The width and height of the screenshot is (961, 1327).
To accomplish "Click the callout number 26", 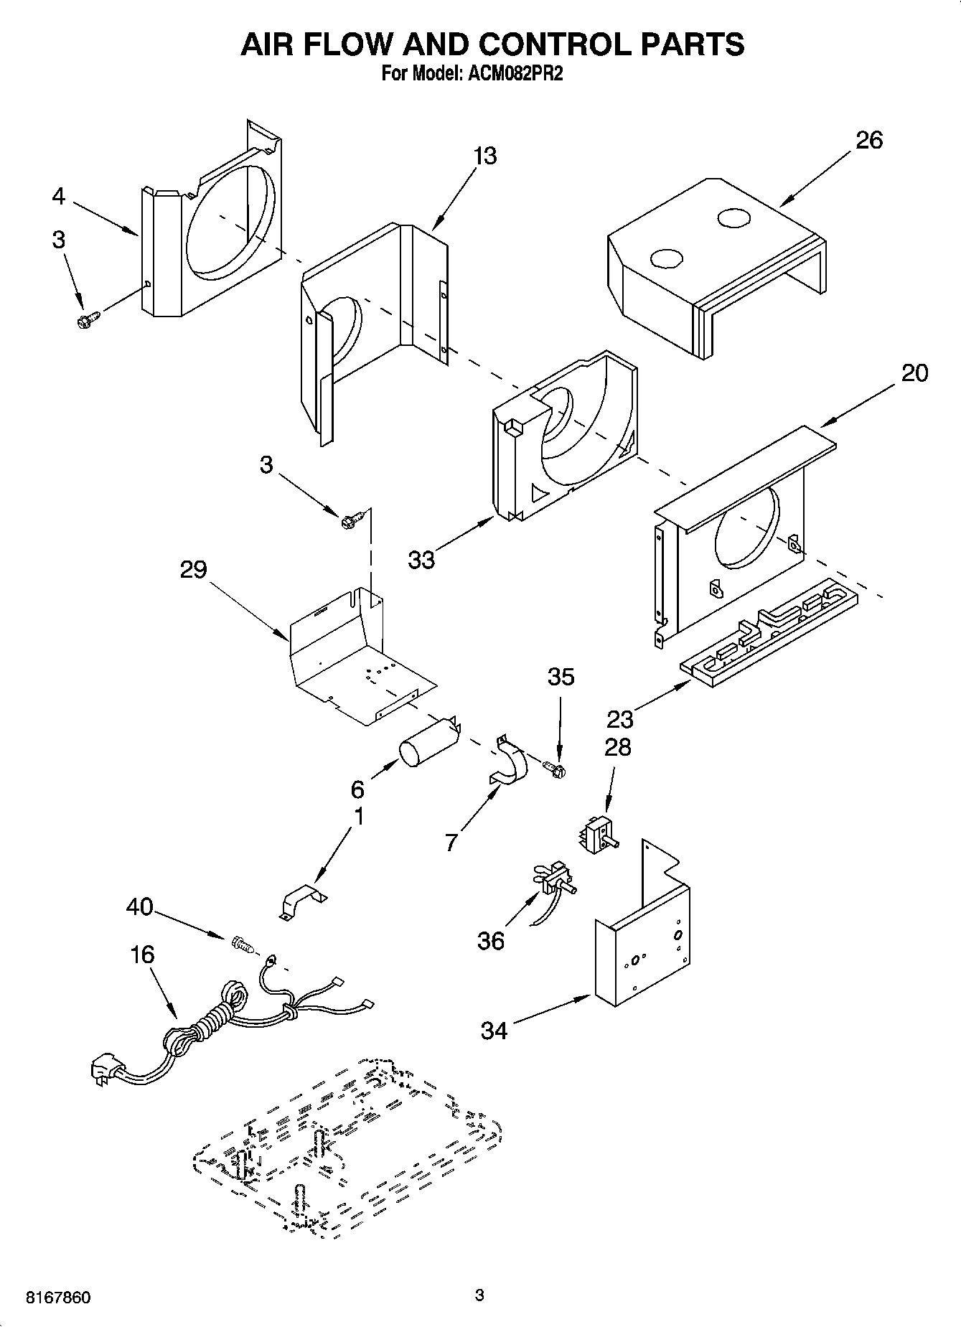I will [868, 140].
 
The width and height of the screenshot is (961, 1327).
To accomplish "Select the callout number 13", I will [485, 156].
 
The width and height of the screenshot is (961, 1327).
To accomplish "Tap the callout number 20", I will [914, 372].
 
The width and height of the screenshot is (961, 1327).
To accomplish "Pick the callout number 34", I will [494, 1031].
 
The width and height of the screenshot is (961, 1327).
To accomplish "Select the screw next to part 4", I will [86, 319].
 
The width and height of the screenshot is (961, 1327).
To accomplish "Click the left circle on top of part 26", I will [665, 258].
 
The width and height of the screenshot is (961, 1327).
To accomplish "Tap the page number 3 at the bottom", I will [479, 1295].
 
